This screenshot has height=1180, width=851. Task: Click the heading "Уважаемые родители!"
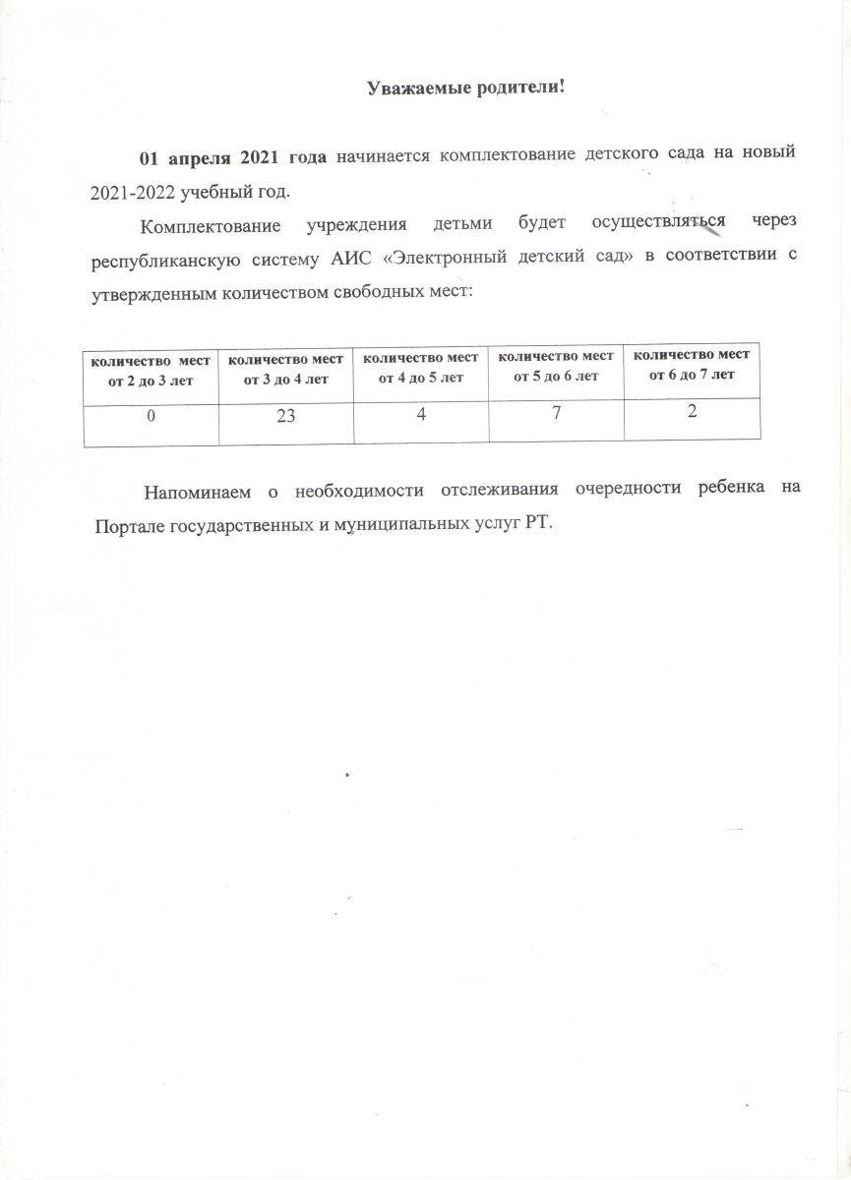click(x=466, y=88)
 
